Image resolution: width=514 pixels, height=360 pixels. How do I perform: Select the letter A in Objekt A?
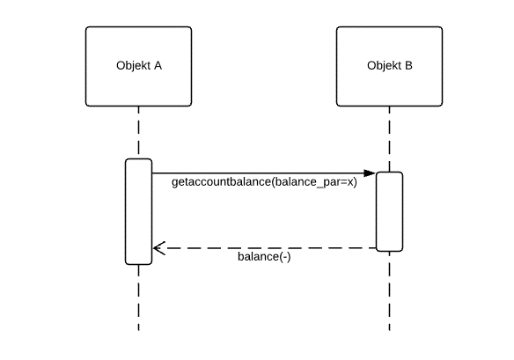(158, 65)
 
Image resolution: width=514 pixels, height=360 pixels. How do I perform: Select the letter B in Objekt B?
(408, 65)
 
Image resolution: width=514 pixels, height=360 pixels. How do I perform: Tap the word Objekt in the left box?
(134, 65)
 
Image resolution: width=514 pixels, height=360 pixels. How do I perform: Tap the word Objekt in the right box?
(385, 65)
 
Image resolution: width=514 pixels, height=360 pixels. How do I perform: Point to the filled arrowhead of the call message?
(370, 173)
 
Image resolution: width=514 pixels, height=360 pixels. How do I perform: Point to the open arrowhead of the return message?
(159, 248)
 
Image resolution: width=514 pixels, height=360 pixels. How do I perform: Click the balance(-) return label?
(264, 257)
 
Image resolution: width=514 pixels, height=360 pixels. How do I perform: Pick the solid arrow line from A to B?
(264, 173)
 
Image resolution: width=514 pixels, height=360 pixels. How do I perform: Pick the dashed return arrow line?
(265, 248)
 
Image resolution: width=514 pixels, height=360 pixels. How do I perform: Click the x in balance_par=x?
(350, 182)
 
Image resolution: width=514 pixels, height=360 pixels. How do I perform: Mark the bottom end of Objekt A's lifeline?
(139, 330)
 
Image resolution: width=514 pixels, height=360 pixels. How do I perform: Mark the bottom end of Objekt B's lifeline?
(389, 330)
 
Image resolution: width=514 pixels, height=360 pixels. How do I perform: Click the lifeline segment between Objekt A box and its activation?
(139, 132)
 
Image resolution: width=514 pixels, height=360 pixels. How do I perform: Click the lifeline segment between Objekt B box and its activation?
(389, 139)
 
